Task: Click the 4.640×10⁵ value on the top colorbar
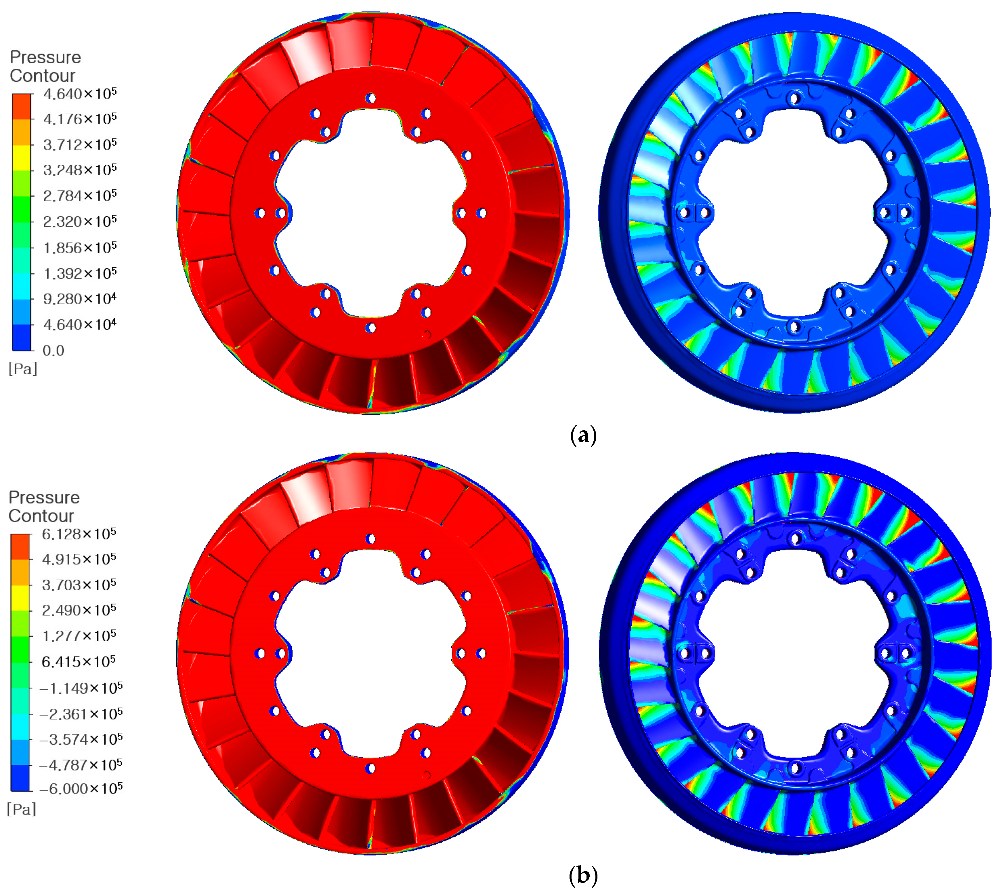tap(80, 93)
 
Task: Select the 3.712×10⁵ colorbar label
tap(80, 144)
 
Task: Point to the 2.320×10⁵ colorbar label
tap(80, 221)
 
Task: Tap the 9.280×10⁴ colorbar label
tap(80, 298)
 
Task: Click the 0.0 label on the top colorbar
tap(54, 351)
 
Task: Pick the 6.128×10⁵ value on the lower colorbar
tap(79, 534)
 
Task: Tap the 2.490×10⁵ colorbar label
tap(79, 610)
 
